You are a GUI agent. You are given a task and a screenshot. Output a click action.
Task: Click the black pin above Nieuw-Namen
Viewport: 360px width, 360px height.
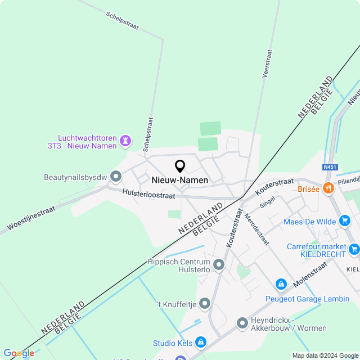point(180,166)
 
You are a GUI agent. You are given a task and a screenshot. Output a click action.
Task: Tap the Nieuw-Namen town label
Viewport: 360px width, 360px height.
point(180,180)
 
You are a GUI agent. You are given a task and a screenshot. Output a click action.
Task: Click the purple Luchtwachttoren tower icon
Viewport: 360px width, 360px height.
point(126,139)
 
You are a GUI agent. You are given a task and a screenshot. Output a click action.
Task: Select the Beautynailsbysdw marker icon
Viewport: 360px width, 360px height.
point(116,177)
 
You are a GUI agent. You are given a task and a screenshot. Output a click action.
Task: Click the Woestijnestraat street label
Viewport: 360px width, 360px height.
point(31,219)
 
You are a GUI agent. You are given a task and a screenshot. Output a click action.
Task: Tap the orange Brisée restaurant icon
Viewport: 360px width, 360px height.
point(328,188)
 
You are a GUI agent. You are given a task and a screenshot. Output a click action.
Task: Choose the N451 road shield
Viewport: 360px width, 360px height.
point(330,167)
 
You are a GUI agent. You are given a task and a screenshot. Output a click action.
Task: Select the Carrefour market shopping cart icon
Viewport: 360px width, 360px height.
point(354,248)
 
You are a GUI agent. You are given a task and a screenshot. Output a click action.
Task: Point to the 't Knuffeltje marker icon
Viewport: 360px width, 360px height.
point(205,304)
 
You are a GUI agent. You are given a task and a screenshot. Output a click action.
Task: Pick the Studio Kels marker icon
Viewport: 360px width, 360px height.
point(201,343)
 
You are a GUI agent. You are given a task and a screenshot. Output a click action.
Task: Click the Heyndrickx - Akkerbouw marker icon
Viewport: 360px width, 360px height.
point(242,323)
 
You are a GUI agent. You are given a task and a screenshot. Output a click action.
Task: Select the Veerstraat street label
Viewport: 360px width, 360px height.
point(267,63)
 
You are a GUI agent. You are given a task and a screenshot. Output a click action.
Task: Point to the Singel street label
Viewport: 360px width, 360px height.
point(268,202)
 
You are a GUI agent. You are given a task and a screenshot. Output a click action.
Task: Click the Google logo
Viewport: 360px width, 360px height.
point(19,353)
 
